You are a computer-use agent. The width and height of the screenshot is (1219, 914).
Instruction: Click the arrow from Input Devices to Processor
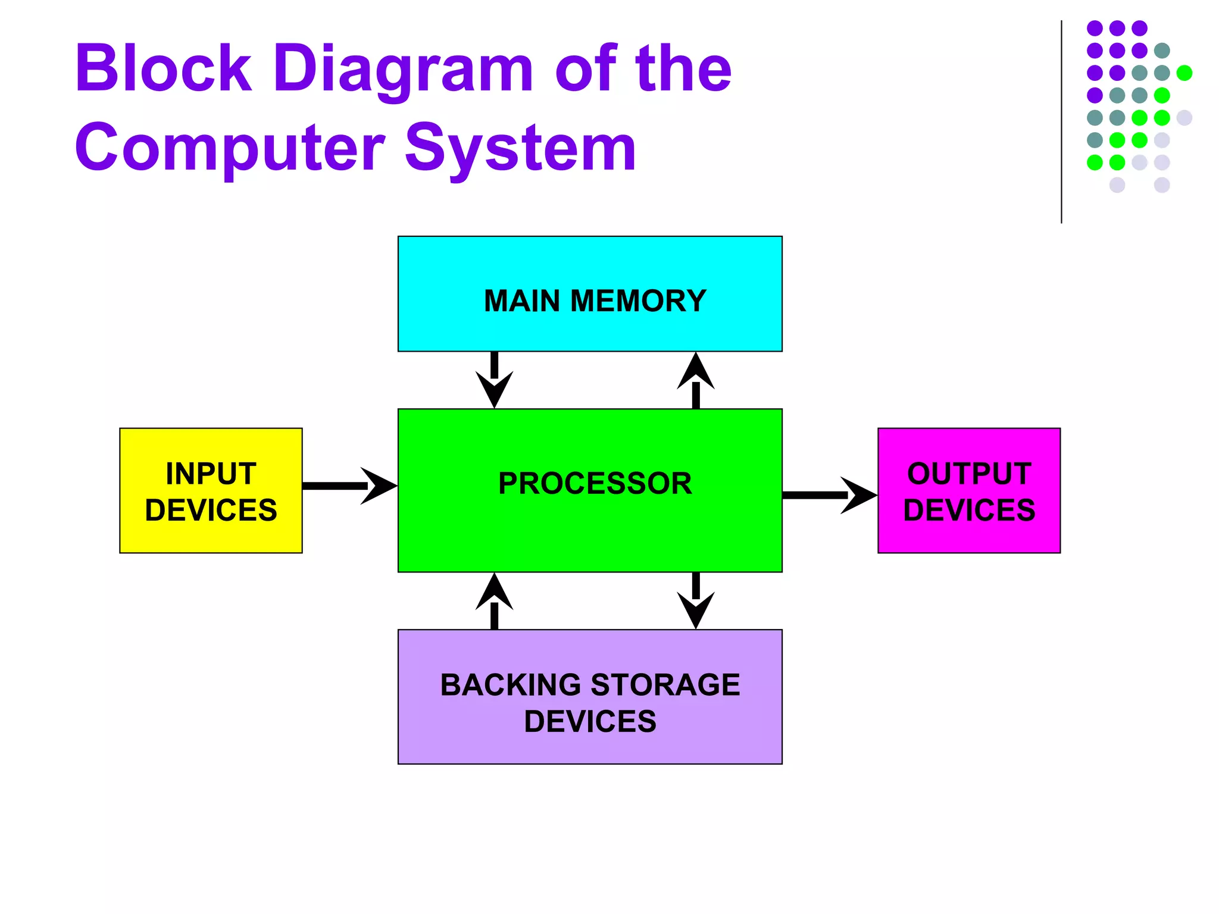point(348,486)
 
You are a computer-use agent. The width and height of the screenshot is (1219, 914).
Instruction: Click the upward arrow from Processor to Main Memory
point(696,381)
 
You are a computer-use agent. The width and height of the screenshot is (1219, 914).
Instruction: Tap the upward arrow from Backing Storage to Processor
point(494,601)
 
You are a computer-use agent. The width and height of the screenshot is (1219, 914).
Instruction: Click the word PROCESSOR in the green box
point(595,483)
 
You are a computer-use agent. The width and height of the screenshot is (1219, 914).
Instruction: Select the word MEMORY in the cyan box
point(638,301)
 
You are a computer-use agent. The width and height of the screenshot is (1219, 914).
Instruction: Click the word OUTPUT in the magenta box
point(969,474)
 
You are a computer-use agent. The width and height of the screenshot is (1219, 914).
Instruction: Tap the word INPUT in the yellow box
point(211,474)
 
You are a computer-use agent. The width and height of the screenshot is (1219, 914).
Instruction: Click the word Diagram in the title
point(404,69)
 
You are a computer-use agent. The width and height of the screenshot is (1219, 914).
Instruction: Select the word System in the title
point(520,148)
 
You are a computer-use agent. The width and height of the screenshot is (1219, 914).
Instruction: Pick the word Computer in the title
point(230,148)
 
